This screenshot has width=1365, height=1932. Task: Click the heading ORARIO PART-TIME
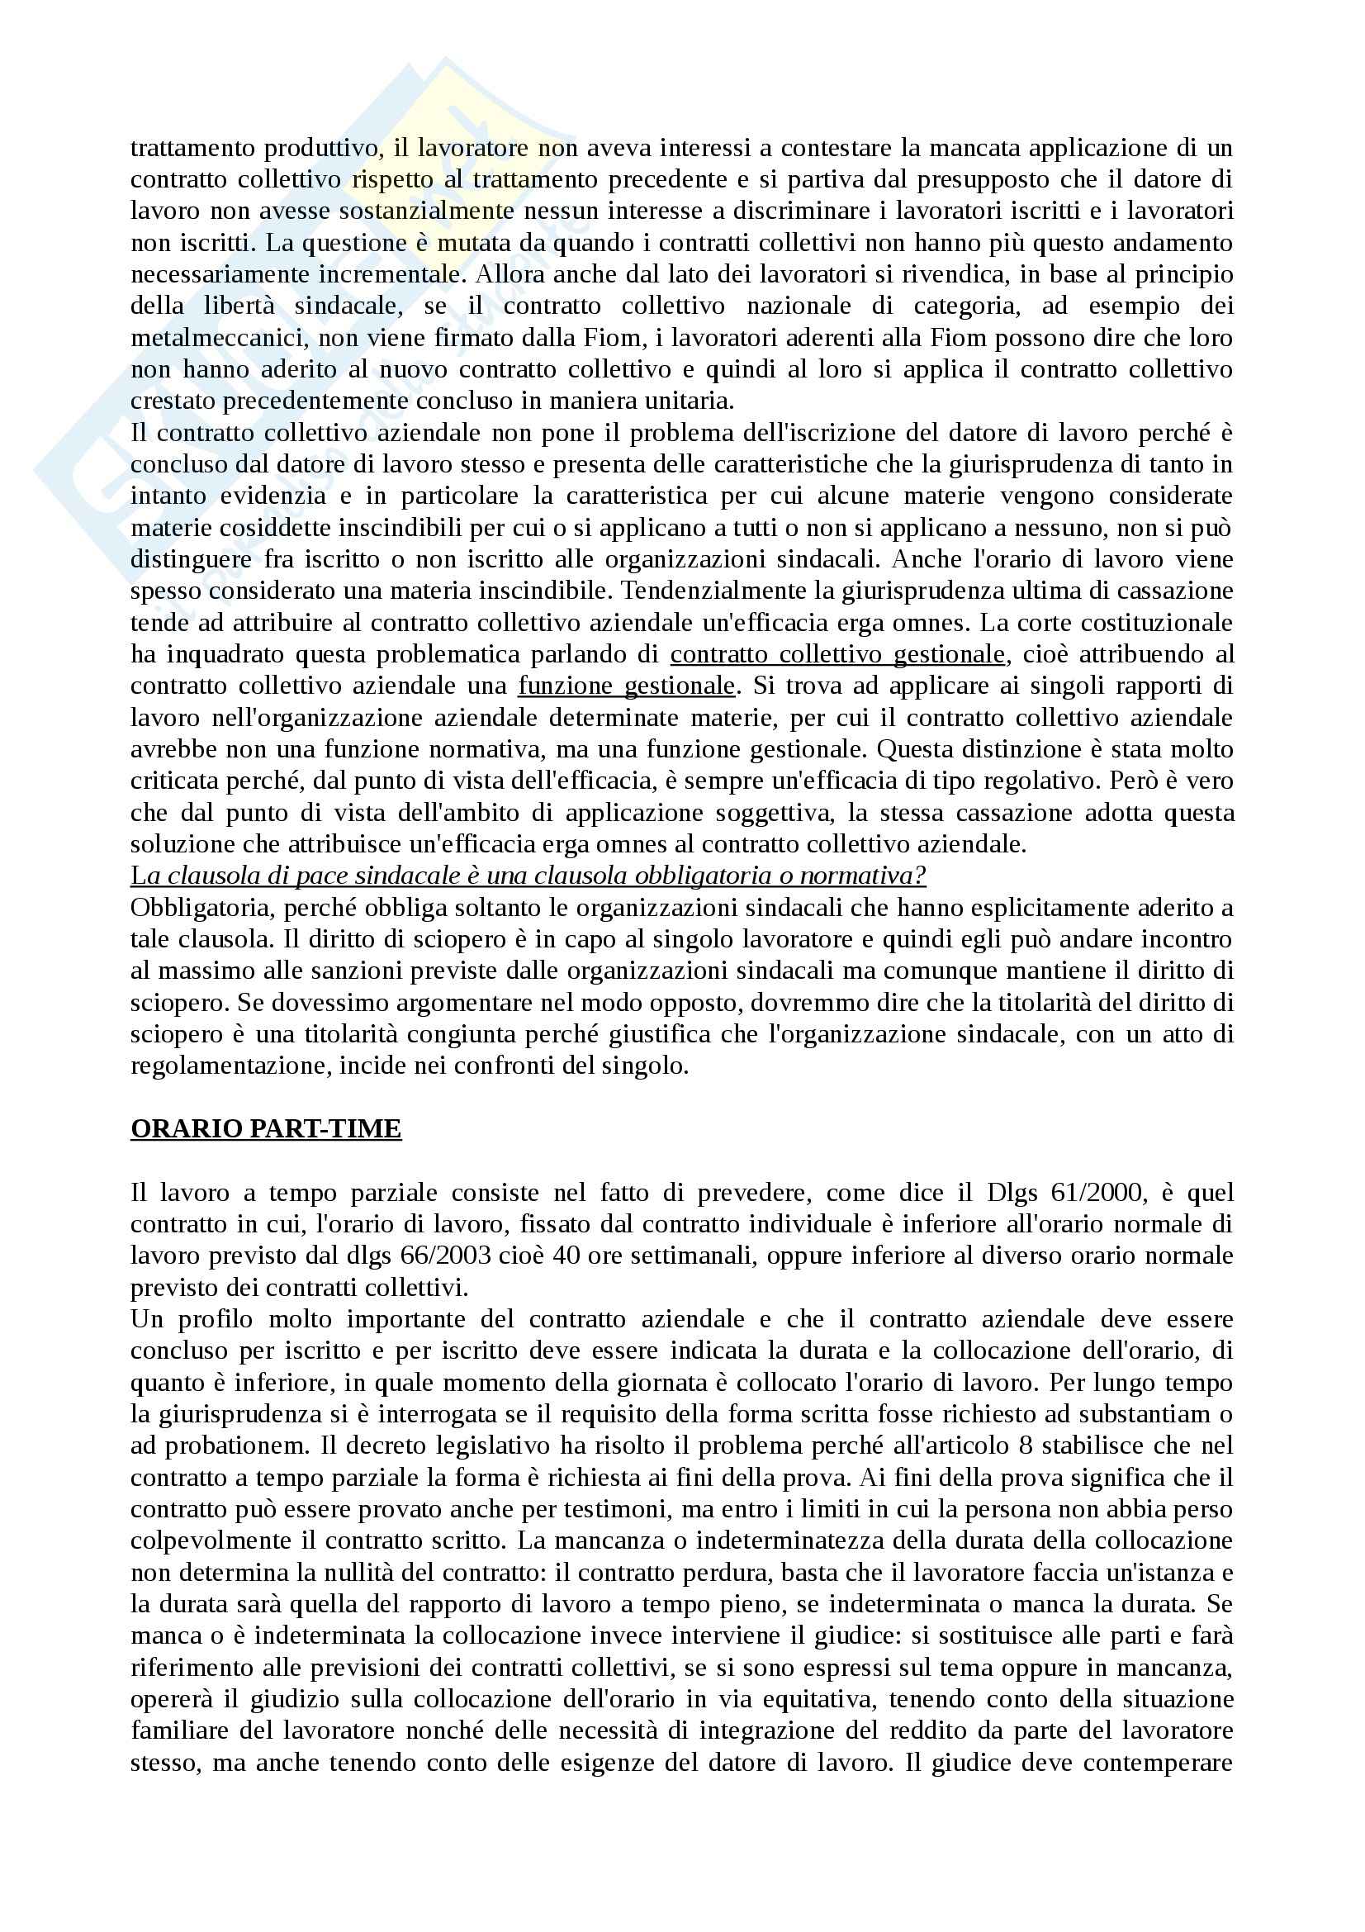click(x=266, y=1128)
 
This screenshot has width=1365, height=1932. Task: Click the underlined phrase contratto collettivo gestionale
click(x=837, y=655)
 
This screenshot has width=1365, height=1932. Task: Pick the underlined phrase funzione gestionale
click(x=627, y=686)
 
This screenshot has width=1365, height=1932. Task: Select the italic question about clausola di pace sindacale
click(x=528, y=876)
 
